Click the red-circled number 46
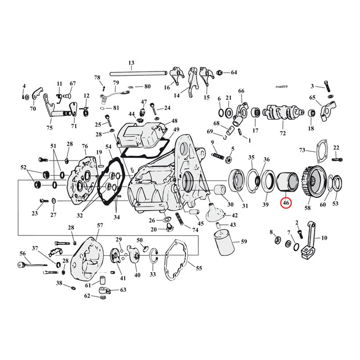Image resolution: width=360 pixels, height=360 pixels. click(x=286, y=204)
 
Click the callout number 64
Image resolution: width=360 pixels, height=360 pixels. click(x=233, y=73)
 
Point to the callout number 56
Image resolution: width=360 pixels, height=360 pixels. click(x=23, y=253)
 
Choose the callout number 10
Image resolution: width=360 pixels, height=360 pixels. click(x=324, y=238)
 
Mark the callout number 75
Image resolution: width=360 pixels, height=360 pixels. click(x=49, y=127)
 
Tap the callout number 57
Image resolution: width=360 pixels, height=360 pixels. click(x=100, y=226)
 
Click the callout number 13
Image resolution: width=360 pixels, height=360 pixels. click(x=131, y=63)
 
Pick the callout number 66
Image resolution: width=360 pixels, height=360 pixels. click(x=241, y=91)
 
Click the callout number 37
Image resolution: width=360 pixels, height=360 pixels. click(x=34, y=248)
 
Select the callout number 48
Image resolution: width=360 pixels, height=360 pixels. click(x=174, y=121)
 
